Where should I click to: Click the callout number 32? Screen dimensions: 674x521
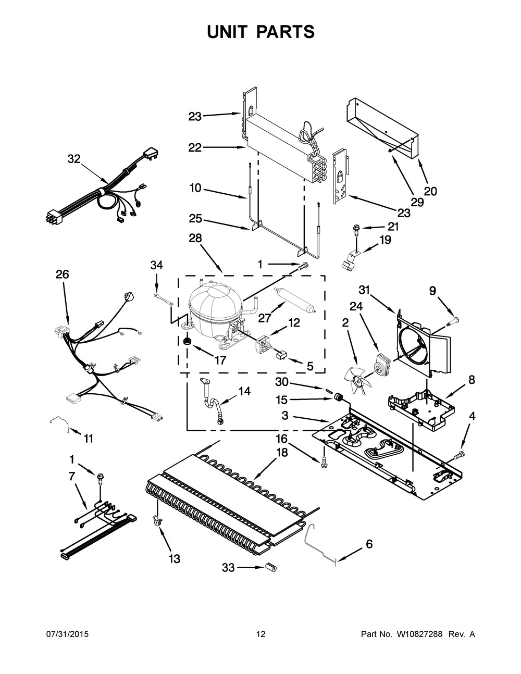75,159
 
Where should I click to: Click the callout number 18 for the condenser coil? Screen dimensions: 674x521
281,452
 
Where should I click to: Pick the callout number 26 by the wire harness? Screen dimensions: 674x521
62,274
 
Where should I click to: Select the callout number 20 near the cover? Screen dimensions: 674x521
430,191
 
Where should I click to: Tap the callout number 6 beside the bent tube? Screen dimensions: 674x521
369,544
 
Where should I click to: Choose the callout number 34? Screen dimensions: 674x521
156,266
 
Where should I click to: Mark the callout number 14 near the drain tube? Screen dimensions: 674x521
244,391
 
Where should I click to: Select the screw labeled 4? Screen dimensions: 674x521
458,456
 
